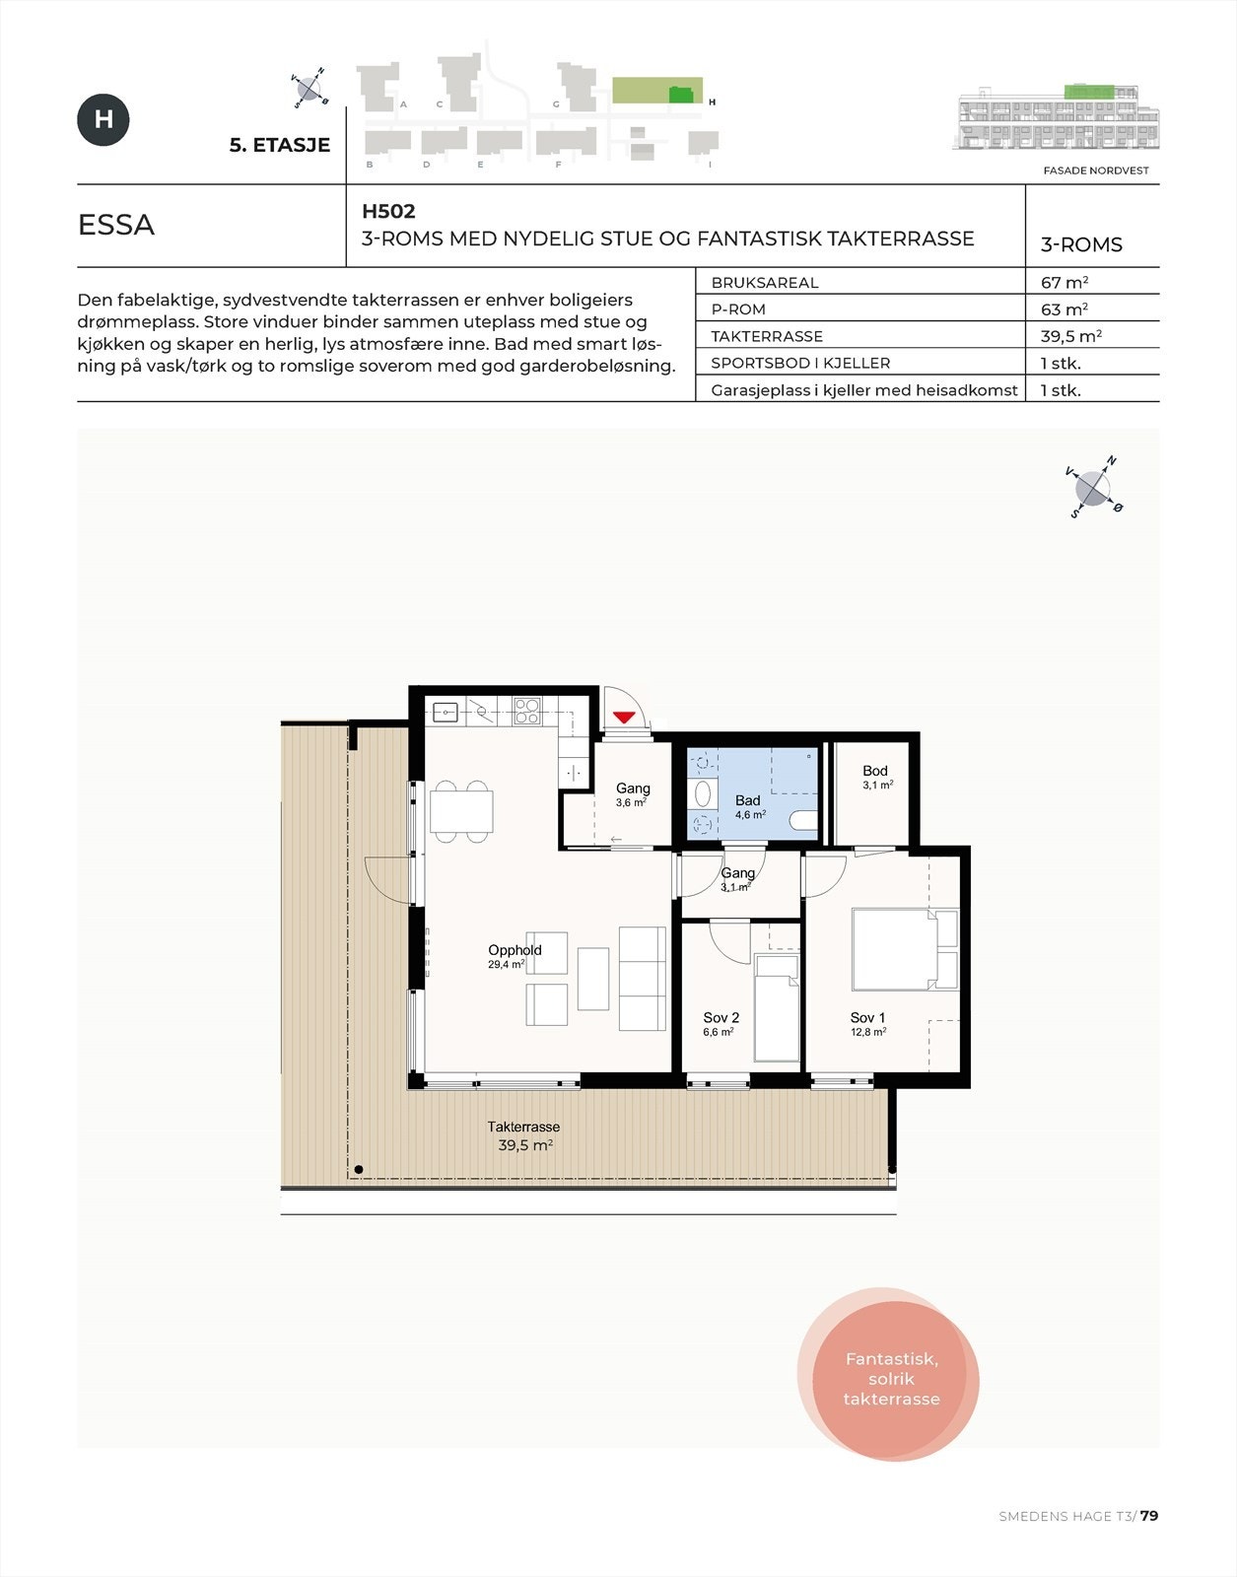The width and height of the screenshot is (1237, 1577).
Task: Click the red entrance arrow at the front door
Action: tap(623, 717)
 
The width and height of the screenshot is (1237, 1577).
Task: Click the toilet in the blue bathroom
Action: tap(803, 820)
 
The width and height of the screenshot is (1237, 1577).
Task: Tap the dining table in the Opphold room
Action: tap(461, 811)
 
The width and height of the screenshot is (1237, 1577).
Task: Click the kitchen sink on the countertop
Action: tap(446, 710)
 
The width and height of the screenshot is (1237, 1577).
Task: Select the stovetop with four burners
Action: tap(526, 710)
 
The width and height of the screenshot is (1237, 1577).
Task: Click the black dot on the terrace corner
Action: tap(359, 1170)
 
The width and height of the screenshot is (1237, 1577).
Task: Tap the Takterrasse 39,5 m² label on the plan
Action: tap(523, 1135)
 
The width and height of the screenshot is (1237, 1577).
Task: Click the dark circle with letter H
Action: tap(103, 120)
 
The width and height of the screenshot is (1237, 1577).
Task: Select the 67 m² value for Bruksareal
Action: tap(1064, 282)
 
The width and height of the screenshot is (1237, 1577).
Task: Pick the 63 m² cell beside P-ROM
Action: tap(1064, 309)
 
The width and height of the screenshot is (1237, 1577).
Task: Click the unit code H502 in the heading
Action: tap(388, 211)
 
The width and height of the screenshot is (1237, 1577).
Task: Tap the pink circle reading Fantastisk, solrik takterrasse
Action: tap(890, 1378)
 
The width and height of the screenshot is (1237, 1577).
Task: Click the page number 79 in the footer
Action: tap(1149, 1516)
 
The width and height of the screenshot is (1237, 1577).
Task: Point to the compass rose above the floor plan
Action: tap(1093, 488)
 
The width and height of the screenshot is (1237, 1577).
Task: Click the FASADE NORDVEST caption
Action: tap(1095, 171)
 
